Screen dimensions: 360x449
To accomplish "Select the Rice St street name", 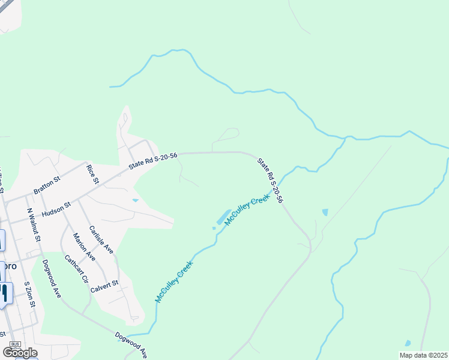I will (x=92, y=175).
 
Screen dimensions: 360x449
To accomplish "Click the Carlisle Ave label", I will (x=101, y=239).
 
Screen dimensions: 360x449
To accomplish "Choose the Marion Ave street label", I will (x=84, y=247).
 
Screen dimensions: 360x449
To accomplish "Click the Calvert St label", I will (x=104, y=286).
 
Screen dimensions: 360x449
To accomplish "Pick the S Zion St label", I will (x=31, y=296).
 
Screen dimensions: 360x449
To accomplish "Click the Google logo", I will (x=20, y=352).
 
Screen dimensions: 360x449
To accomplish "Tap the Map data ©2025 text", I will (x=423, y=355).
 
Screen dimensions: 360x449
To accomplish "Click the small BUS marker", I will (x=16, y=344).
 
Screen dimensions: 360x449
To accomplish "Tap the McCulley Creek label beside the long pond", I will (x=247, y=210).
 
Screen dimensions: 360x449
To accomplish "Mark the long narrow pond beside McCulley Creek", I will (x=221, y=217).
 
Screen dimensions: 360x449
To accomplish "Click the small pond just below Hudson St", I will (x=135, y=200).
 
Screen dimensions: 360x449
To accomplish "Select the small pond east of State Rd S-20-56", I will (x=325, y=212).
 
